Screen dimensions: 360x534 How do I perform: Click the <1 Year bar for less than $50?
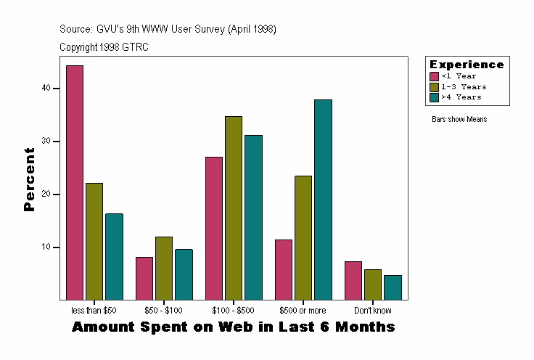pos(75,182)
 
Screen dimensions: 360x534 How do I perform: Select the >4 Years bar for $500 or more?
pos(323,200)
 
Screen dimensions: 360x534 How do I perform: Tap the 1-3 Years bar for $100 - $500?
pos(234,208)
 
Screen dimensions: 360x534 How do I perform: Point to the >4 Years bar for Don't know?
pos(393,287)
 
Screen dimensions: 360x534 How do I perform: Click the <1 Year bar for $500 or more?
pos(284,269)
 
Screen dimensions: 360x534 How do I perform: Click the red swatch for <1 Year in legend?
pos(434,76)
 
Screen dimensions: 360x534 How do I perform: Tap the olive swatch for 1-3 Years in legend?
pos(434,86)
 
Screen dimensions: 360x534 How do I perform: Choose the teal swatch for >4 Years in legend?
pos(434,97)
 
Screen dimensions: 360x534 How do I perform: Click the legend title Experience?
pos(467,65)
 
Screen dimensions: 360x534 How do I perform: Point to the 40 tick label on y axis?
pos(47,88)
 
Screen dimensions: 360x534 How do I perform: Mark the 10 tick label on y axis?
pos(47,247)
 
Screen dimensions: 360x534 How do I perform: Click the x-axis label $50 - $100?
pos(164,311)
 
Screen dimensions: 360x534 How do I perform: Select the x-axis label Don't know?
pos(373,311)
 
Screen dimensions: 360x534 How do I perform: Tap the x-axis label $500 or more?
pos(303,311)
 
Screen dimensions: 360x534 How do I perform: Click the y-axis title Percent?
pos(29,179)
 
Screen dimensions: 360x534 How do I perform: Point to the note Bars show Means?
pos(459,119)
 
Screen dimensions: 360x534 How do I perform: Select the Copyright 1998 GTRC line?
pos(104,47)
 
